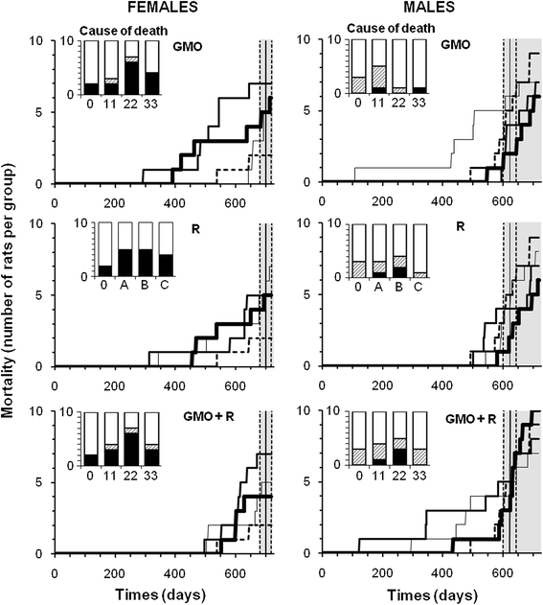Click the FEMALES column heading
pos(162,7)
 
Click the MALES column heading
pos(428,7)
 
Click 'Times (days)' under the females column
pos(160,594)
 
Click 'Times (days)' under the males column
pos(432,594)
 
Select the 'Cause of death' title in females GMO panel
pos(124,30)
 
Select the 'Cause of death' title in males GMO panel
pos(391,28)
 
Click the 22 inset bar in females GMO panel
pos(131,67)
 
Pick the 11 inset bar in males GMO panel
pos(379,66)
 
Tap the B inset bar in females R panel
pos(146,249)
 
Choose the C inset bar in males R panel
pos(419,251)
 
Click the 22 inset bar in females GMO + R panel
pos(131,439)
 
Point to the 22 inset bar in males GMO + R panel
pos(399,438)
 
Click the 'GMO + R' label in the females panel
pos(209,417)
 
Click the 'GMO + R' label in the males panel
pos(470,419)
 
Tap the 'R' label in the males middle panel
pos(460,226)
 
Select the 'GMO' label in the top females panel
pos(188,47)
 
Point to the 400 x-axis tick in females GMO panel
pos(174,202)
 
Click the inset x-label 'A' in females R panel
pos(124,286)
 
